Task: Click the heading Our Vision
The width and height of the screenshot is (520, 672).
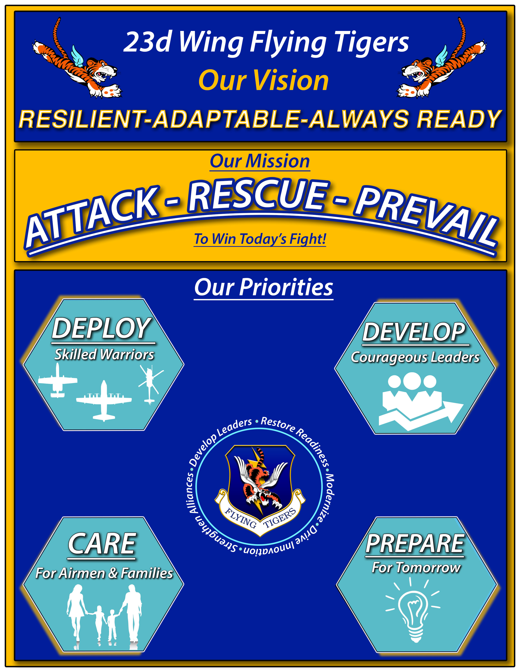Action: click(x=264, y=81)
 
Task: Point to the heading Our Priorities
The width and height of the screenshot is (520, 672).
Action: click(x=264, y=287)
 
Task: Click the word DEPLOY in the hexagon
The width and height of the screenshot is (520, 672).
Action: click(x=102, y=329)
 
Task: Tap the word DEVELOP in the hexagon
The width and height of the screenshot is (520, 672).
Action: click(x=414, y=332)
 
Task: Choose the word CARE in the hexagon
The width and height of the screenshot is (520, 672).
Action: click(x=102, y=544)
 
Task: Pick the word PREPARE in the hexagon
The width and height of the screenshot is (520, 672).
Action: click(x=415, y=544)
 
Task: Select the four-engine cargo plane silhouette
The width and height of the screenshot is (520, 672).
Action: click(x=104, y=400)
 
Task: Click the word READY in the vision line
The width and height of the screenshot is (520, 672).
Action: click(x=459, y=119)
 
